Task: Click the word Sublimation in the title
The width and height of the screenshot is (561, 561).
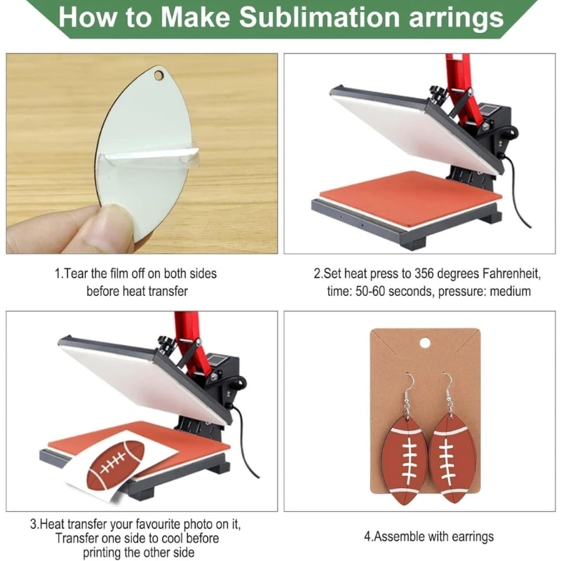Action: (320, 17)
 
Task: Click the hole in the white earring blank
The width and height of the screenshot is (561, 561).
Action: (158, 75)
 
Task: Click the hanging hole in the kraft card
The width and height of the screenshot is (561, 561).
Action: (425, 343)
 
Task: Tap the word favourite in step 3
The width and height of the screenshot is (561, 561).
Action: (156, 525)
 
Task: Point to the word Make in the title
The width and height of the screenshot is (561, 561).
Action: (195, 17)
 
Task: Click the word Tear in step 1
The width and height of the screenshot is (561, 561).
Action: (76, 273)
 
